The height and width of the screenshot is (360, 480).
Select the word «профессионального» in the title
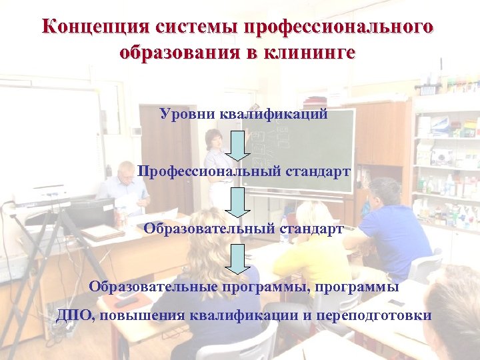point(339,27)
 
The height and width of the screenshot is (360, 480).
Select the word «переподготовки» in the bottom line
point(374,315)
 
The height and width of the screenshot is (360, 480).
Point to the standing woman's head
point(214,140)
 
